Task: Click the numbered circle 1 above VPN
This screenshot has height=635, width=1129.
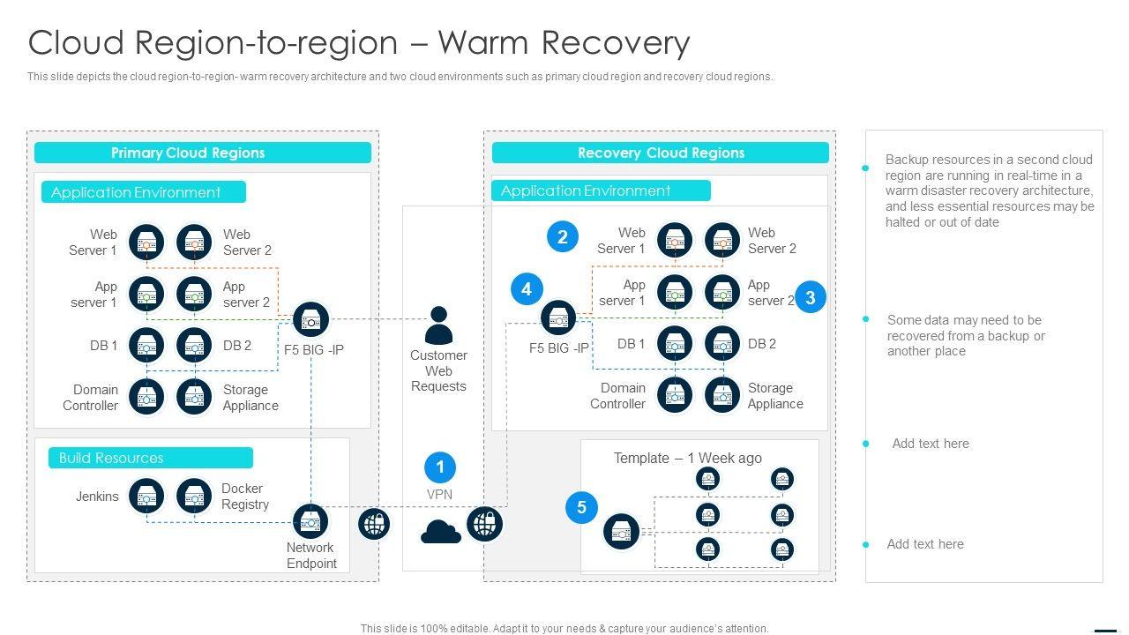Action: [440, 467]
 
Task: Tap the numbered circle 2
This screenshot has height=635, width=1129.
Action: [563, 236]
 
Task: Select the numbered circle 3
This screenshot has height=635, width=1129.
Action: [811, 297]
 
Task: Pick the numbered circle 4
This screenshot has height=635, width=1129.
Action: [527, 289]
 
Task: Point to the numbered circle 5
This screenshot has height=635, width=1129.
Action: [581, 507]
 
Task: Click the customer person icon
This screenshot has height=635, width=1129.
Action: [438, 325]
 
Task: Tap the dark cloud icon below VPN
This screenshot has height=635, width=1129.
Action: [441, 532]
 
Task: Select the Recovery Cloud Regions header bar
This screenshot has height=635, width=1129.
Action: [660, 153]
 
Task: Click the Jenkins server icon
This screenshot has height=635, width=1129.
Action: [146, 497]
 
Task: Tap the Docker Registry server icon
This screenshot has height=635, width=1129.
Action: [194, 497]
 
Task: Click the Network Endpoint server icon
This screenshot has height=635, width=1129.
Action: [310, 522]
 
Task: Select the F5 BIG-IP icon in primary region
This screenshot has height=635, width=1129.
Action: [310, 320]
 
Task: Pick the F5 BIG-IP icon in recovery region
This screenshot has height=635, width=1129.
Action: [557, 318]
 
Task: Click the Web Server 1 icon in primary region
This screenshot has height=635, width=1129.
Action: [146, 242]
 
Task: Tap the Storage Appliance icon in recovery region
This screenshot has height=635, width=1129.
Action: [722, 396]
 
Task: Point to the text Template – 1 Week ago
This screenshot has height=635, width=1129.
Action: [687, 458]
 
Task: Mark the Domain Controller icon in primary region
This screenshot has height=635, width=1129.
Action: [146, 397]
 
